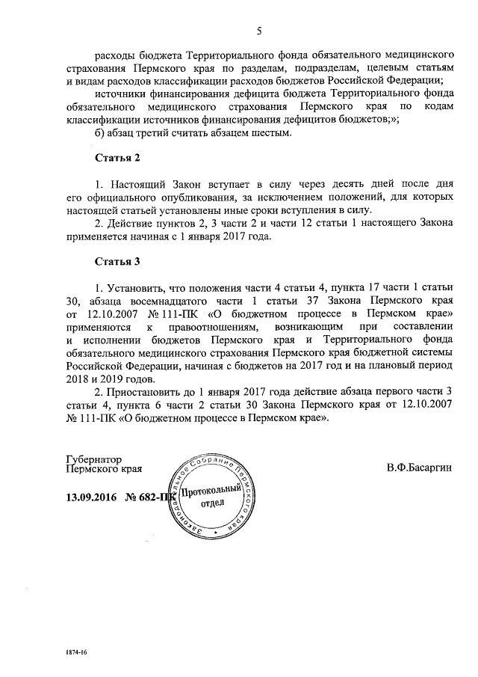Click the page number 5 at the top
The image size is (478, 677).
pos(258,31)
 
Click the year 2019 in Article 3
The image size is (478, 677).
pos(108,379)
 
